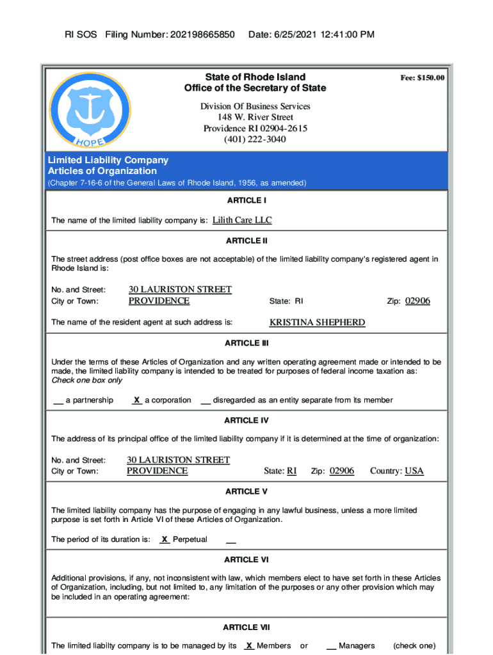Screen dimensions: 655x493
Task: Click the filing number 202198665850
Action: [x=202, y=34]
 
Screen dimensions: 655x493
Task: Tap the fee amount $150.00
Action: [x=423, y=78]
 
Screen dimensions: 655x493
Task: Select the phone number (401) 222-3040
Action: [x=255, y=139]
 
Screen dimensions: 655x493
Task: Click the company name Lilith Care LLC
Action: [x=242, y=220]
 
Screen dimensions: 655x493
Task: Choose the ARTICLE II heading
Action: [x=247, y=241]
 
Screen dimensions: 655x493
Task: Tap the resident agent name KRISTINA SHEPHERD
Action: [x=317, y=322]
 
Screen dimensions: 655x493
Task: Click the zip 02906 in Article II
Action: [x=417, y=301]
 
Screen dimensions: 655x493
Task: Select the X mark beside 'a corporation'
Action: [x=137, y=400]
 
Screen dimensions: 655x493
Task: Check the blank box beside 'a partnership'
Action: [x=58, y=400]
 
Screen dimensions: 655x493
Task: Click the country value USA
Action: [x=414, y=471]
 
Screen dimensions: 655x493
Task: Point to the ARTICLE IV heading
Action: [x=247, y=420]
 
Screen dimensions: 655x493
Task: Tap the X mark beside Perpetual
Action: [x=165, y=539]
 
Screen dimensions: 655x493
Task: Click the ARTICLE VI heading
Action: [x=247, y=560]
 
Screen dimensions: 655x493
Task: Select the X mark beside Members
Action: [x=249, y=645]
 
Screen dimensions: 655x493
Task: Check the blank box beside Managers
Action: [x=331, y=646]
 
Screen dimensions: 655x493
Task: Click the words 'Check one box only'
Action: [x=86, y=380]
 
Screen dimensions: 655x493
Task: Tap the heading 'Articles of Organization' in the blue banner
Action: [x=102, y=171]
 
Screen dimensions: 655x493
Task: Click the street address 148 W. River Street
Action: [x=255, y=117]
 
